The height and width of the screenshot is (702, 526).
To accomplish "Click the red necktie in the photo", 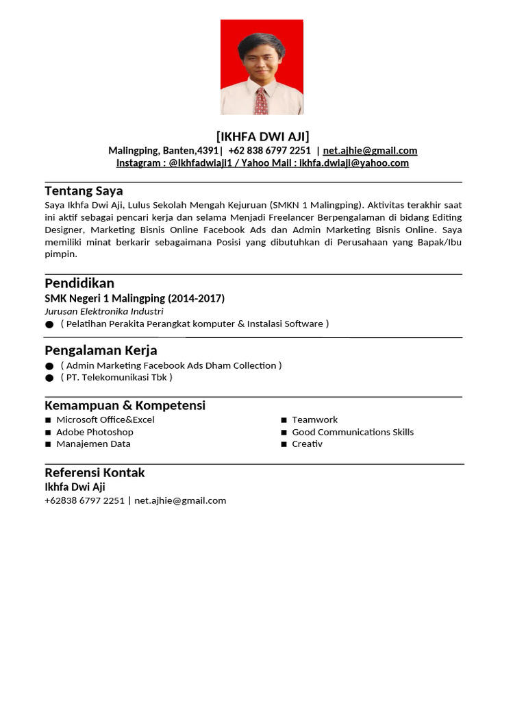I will (261, 101).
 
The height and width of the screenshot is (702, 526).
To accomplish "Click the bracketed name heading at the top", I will (262, 136).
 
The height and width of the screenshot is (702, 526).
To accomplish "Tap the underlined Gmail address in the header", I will (370, 151).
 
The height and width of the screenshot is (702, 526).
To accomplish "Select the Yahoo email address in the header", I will (353, 163).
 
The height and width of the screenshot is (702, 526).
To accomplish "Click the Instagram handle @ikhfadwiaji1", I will (206, 163).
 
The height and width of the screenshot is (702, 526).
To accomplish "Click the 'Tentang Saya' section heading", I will (84, 191).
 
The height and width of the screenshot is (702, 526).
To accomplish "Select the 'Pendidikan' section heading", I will (79, 283).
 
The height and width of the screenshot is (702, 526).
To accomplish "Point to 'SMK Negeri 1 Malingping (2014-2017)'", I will (134, 298).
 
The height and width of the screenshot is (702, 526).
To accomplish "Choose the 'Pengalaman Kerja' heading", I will (101, 350).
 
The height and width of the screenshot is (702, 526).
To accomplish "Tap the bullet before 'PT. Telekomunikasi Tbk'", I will (49, 378).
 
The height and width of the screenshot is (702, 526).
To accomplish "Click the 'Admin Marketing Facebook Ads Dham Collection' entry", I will (171, 365).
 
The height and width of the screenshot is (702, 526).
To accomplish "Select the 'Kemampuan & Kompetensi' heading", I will (125, 405).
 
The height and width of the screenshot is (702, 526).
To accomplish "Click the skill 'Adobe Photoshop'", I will (95, 432).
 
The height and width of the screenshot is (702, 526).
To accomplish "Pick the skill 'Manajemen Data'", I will (93, 444).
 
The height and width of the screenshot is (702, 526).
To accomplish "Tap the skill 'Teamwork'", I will (314, 420).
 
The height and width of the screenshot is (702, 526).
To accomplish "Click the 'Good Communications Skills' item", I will (353, 432).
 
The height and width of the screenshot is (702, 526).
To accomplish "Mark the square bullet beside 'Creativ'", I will (284, 444).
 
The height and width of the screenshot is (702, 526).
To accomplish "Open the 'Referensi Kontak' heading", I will (95, 472).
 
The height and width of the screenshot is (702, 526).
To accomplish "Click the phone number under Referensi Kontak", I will (84, 500).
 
